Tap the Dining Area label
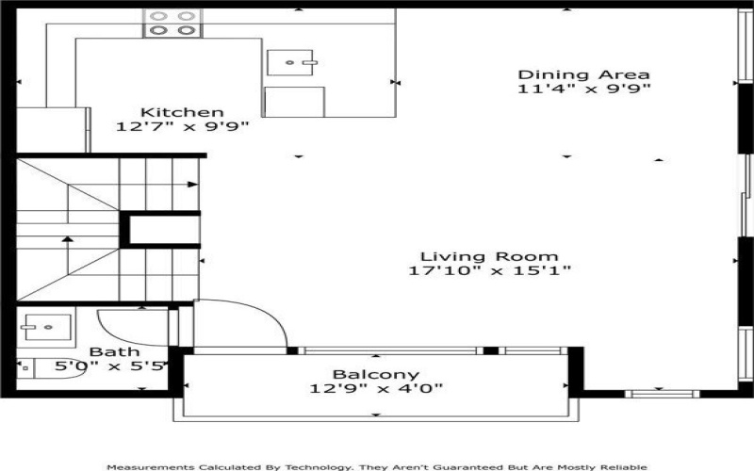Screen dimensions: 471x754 pyautogui.click(x=584, y=74)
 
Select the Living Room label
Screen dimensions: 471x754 pyautogui.click(x=489, y=255)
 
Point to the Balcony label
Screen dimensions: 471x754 pyautogui.click(x=376, y=374)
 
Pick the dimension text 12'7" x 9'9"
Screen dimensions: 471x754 pyautogui.click(x=182, y=126)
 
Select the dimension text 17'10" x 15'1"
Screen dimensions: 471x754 pyautogui.click(x=489, y=270)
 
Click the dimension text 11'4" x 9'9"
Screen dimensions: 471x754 pyautogui.click(x=584, y=89)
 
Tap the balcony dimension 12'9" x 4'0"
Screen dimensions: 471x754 pyautogui.click(x=376, y=388)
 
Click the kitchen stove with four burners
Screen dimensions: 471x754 pyautogui.click(x=173, y=24)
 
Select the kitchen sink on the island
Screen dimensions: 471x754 pyautogui.click(x=293, y=62)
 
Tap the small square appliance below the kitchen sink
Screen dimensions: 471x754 pyautogui.click(x=294, y=102)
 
